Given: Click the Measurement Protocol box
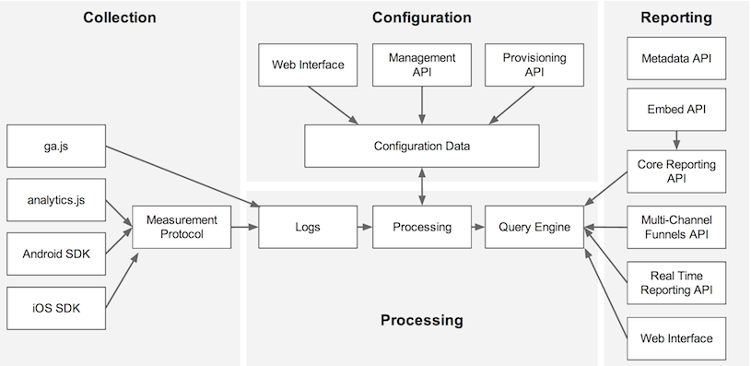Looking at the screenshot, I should (181, 227).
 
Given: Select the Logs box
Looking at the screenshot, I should (307, 227).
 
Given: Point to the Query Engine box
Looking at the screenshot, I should (534, 227).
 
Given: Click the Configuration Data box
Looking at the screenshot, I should (421, 146).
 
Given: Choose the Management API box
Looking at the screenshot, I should (421, 65).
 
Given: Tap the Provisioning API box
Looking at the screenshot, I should (534, 65).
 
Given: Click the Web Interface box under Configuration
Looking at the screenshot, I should (307, 65).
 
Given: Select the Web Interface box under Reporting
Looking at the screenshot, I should (676, 337).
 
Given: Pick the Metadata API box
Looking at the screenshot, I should (676, 59).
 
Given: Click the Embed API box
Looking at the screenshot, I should (676, 110).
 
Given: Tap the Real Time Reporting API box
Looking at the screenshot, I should (676, 282).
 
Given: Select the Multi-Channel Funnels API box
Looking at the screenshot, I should (676, 227).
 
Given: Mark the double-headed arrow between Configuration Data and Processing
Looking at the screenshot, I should (421, 186).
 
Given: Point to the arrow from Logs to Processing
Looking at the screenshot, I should (362, 227).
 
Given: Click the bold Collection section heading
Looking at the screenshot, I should (119, 18).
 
